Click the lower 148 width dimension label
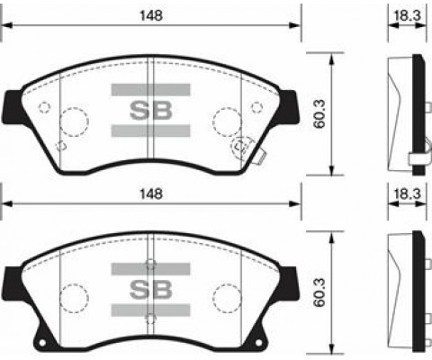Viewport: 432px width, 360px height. pyautogui.click(x=150, y=193)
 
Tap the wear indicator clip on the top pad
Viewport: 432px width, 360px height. pyautogui.click(x=243, y=147)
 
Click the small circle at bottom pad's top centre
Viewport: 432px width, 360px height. pyautogui.click(x=150, y=265)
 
